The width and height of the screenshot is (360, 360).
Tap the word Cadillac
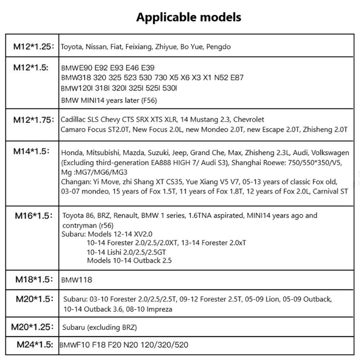75,120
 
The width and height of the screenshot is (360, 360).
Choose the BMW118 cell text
76,280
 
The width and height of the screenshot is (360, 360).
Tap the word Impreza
159,310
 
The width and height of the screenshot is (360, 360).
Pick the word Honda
71,153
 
